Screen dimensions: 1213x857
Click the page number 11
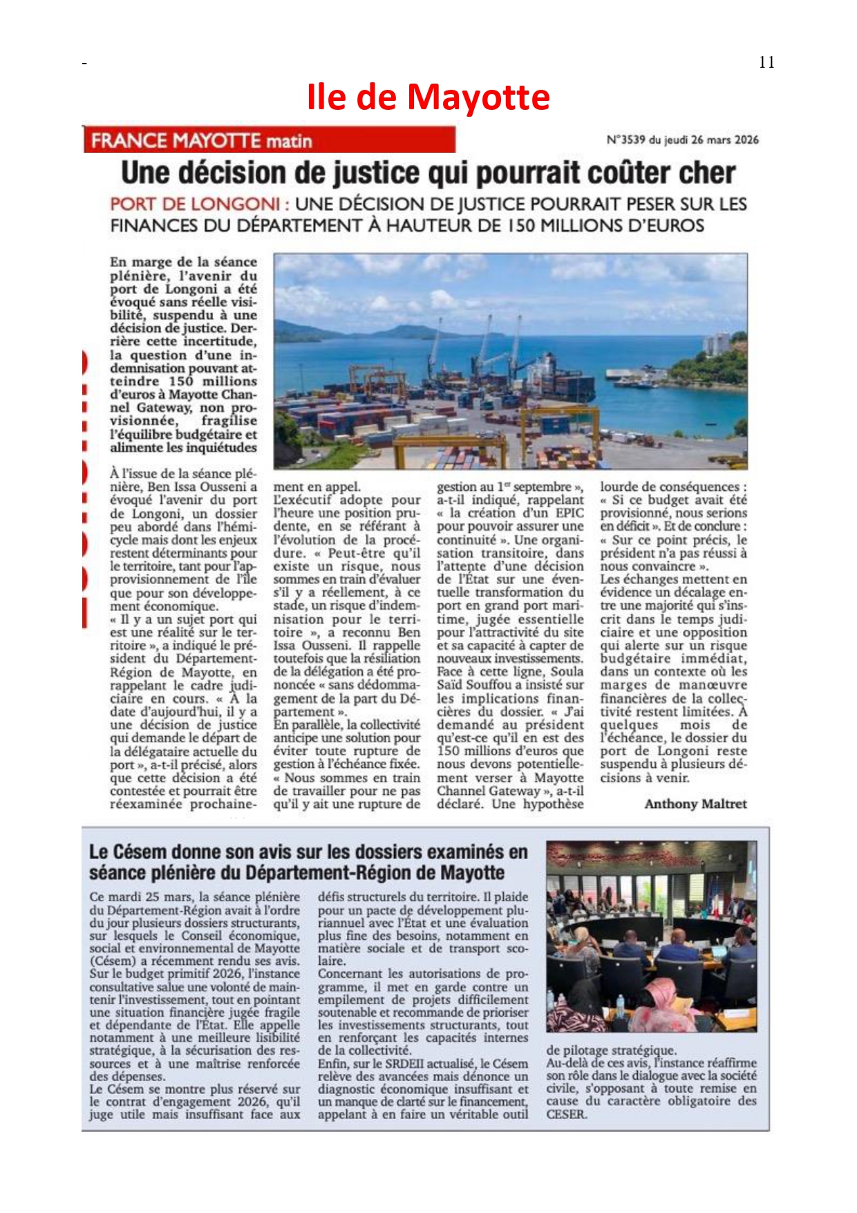pyautogui.click(x=766, y=62)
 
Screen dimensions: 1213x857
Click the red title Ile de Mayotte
pyautogui.click(x=428, y=97)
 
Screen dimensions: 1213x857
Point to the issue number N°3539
pyautogui.click(x=625, y=140)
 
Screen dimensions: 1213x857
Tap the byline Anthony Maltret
pyautogui.click(x=695, y=804)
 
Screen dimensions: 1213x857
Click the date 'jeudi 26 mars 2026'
pyautogui.click(x=711, y=140)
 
